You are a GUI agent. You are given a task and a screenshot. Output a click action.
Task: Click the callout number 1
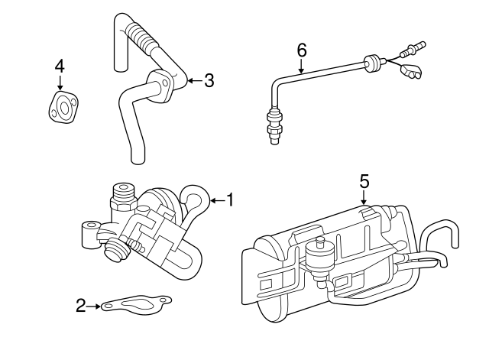[229, 201]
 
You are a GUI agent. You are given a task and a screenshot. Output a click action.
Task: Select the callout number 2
[80, 306]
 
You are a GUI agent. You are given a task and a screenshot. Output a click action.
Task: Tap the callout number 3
[209, 80]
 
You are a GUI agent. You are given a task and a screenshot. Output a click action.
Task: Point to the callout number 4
[60, 67]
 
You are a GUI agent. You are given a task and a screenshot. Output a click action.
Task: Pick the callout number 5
[364, 181]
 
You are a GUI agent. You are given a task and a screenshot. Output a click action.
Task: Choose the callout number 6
[302, 50]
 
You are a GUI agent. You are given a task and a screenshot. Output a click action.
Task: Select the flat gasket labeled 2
[138, 305]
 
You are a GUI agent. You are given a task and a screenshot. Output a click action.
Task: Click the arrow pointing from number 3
[193, 80]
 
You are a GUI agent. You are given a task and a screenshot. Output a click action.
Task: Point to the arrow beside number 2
[94, 307]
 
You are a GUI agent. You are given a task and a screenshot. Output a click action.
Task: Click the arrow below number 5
[364, 198]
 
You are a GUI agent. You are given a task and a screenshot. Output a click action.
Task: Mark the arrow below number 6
[302, 66]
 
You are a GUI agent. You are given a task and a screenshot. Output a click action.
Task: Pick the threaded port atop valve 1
[122, 196]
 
